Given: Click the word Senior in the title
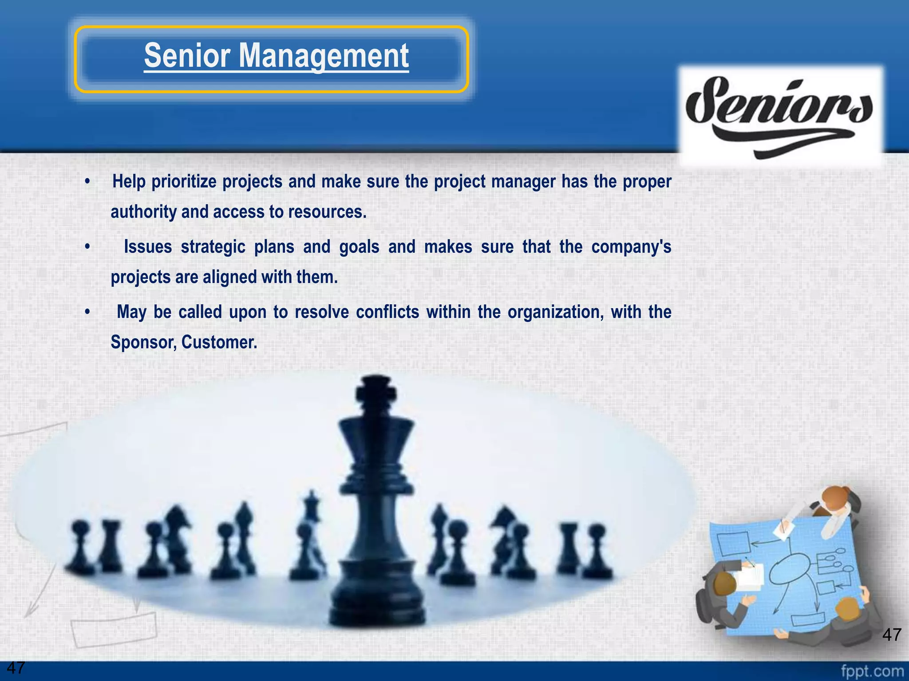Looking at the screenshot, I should [x=187, y=56].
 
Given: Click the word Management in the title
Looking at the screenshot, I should [x=324, y=56].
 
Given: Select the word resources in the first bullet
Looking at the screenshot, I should [x=327, y=212].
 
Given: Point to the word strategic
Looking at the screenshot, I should [x=213, y=247].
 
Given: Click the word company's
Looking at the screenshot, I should [x=631, y=247].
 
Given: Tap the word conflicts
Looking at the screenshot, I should [x=387, y=312].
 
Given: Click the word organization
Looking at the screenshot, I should [x=555, y=312].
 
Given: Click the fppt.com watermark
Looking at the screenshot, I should [x=872, y=671].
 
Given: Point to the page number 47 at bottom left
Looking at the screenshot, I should [x=16, y=667].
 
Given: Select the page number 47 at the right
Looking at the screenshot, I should [x=892, y=635].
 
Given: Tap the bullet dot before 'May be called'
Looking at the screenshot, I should [x=88, y=312].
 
